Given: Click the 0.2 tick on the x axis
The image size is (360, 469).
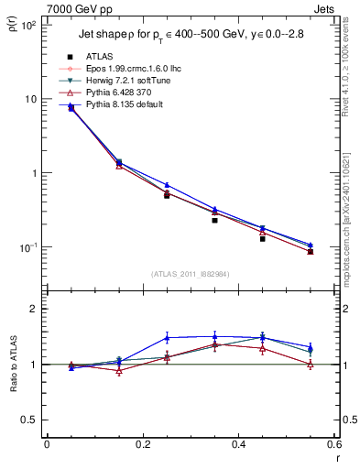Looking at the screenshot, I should [x=142, y=443].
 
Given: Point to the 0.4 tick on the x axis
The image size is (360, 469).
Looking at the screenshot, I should [x=238, y=443].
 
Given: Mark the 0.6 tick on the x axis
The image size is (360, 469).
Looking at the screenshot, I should [x=333, y=443].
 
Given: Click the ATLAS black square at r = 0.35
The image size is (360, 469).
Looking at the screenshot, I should [x=214, y=220].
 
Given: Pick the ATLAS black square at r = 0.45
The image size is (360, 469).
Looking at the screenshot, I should [x=262, y=238].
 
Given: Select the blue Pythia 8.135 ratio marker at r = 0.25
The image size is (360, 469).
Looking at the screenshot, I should [x=167, y=337].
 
